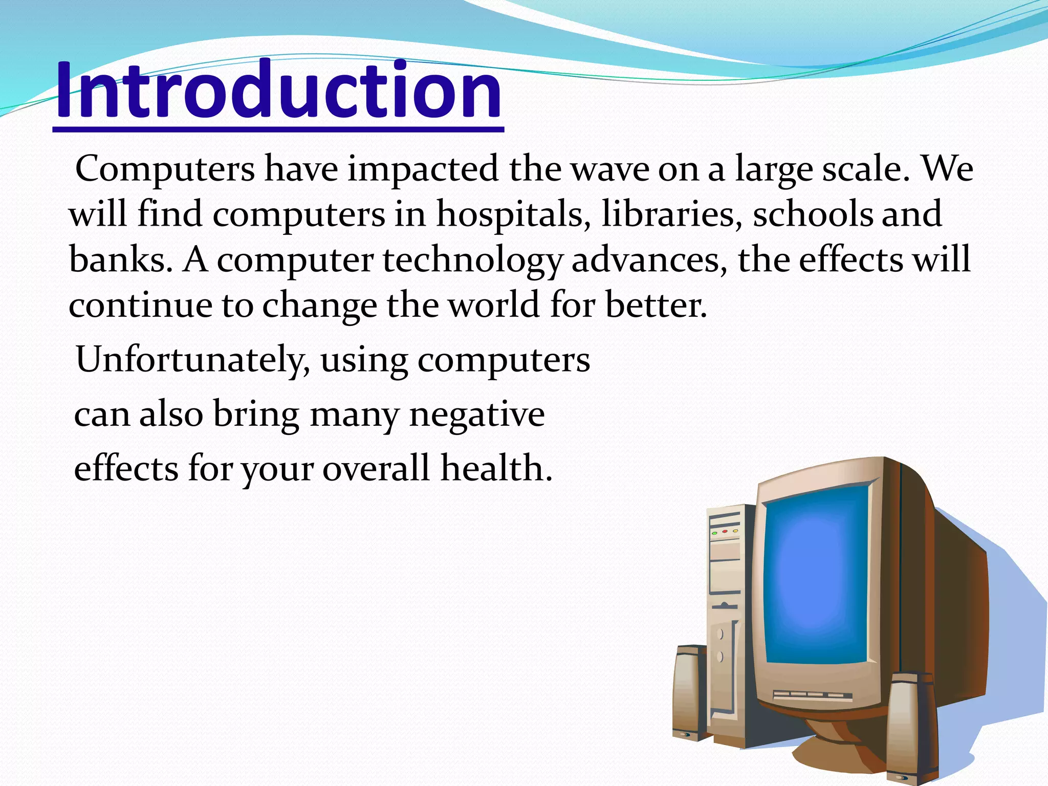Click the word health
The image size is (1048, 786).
pos(496,468)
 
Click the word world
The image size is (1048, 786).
pos(494,305)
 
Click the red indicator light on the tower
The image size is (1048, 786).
pos(725,532)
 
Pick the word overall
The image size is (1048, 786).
pos(376,468)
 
